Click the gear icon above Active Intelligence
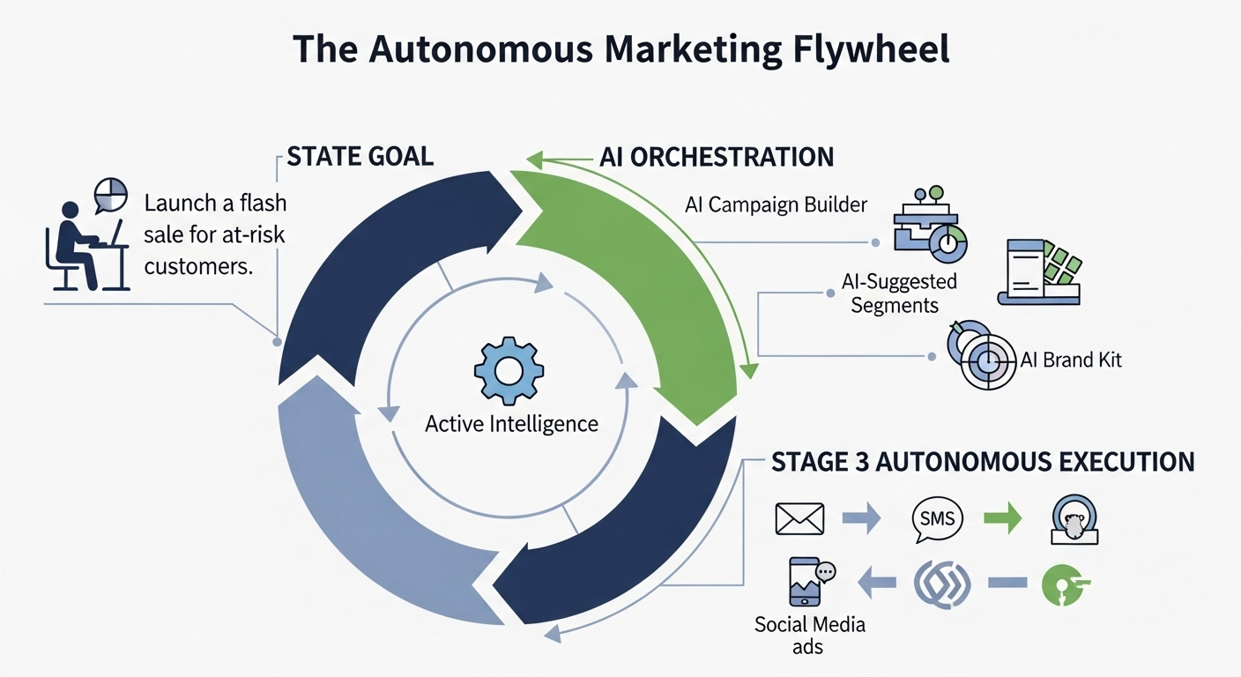(509, 370)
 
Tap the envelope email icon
(799, 518)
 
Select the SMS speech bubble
(936, 518)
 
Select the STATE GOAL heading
(360, 157)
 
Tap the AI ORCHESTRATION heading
(716, 157)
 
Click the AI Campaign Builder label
(776, 205)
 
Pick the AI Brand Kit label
(1070, 360)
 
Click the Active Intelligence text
(511, 424)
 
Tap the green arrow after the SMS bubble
(1002, 518)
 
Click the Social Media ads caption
(810, 636)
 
